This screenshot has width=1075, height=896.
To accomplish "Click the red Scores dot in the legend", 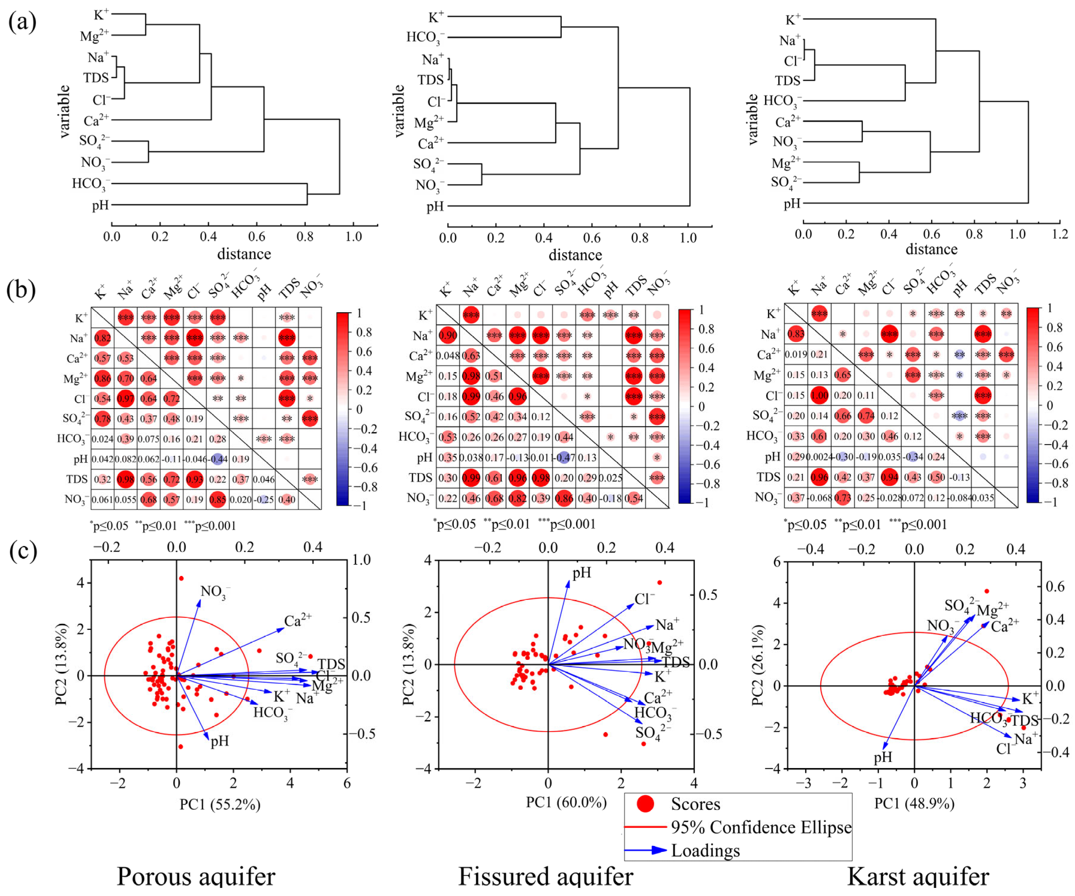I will click(645, 804).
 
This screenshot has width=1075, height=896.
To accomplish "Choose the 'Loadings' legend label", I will click(705, 850).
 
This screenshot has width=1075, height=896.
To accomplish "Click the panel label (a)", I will click(22, 22).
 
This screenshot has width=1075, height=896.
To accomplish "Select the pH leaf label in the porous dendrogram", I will click(100, 205).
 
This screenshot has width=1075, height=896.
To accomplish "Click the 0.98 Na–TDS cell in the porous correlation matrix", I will click(125, 479).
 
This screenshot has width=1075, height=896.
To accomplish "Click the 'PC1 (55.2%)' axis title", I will click(220, 804).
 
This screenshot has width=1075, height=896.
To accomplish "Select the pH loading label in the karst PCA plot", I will click(883, 757).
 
